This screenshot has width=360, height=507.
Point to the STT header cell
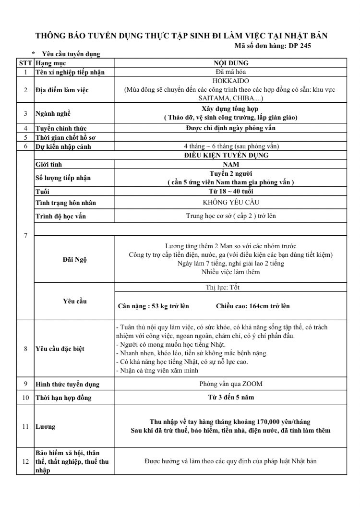(x=25, y=63)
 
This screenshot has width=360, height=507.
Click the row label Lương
(x=46, y=426)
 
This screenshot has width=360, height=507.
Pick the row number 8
(x=25, y=349)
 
